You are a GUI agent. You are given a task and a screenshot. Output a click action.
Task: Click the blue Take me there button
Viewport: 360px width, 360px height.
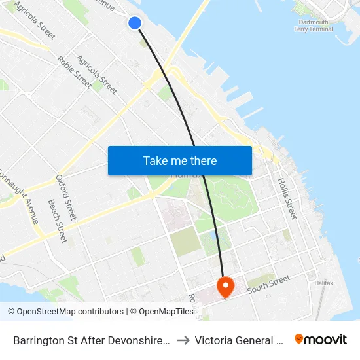point(180,160)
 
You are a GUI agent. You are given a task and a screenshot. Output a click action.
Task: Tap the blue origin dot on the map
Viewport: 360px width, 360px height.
point(135,23)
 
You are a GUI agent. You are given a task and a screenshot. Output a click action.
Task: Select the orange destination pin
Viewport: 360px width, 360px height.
point(225,286)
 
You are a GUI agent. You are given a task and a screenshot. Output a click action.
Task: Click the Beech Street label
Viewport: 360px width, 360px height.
point(56,221)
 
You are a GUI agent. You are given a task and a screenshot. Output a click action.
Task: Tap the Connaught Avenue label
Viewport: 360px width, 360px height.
point(22,196)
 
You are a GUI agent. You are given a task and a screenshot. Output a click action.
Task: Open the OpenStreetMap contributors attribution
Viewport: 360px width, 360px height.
point(69,312)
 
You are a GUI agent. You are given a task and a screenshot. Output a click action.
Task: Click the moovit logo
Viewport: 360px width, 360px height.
point(321,339)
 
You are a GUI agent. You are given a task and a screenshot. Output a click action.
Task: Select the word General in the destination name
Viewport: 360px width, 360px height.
point(258,340)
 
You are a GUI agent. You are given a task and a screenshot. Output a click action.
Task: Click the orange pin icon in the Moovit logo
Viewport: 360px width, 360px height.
point(299,339)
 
